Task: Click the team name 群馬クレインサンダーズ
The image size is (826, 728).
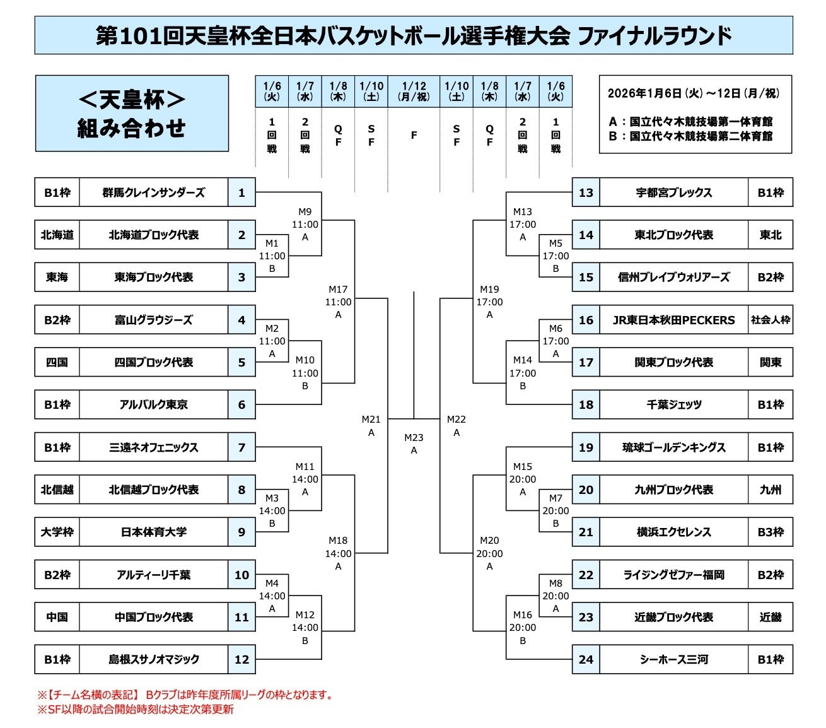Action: (x=153, y=192)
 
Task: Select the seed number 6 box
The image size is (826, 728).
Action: (x=241, y=405)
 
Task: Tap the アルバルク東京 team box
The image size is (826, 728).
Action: (x=153, y=405)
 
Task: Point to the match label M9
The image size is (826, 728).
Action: (x=305, y=212)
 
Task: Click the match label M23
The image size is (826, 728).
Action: (x=414, y=438)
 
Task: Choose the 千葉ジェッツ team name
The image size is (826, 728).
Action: (x=673, y=405)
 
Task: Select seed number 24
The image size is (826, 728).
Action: (x=586, y=660)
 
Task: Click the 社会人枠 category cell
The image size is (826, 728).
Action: (x=770, y=320)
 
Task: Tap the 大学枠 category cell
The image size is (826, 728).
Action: (x=57, y=532)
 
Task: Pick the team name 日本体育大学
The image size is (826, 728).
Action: (x=153, y=532)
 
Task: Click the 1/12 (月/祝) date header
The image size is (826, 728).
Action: (x=414, y=91)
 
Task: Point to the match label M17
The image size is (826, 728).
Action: (x=338, y=290)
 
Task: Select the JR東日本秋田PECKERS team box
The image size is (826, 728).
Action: (x=673, y=320)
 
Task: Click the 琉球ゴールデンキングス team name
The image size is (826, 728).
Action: (x=673, y=448)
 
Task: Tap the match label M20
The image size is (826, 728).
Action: (x=489, y=541)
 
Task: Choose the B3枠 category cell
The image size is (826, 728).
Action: (x=770, y=532)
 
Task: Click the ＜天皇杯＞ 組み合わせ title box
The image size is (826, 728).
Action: (x=132, y=114)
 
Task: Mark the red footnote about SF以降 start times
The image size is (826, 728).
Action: (x=136, y=710)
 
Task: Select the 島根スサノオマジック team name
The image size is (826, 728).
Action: (x=153, y=660)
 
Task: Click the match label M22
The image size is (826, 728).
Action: (x=457, y=420)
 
